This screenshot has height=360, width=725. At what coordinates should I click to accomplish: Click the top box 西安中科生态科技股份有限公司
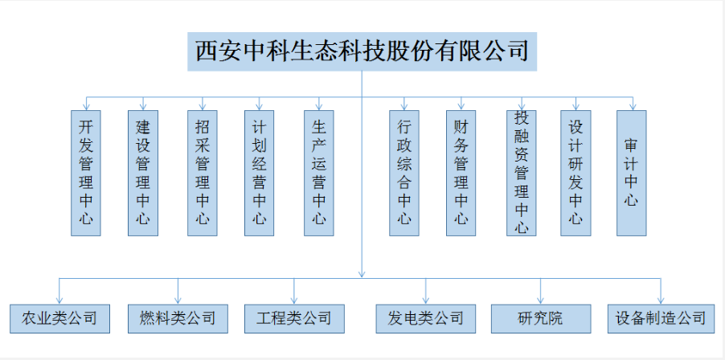point(362,51)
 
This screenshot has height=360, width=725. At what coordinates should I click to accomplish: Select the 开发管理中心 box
point(85,173)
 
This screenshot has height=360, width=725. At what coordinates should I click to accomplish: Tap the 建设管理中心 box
point(143,173)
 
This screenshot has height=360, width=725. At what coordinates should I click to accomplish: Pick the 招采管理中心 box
point(202,173)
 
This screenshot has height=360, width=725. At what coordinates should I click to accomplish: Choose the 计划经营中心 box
point(259,173)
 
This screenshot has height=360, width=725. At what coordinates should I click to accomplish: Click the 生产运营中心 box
point(318,173)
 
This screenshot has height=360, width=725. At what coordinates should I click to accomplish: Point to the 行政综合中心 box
point(404,173)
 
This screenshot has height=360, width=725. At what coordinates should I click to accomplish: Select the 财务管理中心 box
point(461,173)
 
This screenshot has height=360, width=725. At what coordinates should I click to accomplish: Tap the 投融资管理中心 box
point(522,173)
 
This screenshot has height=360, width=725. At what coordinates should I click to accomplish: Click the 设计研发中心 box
point(575,173)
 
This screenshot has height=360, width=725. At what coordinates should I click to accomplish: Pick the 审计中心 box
point(632,173)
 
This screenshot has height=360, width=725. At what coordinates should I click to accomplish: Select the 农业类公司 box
point(59,318)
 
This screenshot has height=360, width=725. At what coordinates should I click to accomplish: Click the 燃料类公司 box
point(178,318)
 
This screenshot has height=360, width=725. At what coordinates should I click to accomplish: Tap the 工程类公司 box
point(294,318)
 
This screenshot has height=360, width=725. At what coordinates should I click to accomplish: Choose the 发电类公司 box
point(426,318)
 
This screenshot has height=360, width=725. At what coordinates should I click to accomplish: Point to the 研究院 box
point(541,318)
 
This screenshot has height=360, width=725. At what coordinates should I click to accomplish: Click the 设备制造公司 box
point(660,318)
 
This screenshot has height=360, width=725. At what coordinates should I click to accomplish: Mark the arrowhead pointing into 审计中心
point(633,107)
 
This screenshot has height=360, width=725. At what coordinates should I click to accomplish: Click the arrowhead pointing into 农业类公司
point(59,301)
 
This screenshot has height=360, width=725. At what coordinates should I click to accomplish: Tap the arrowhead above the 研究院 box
point(540,301)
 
